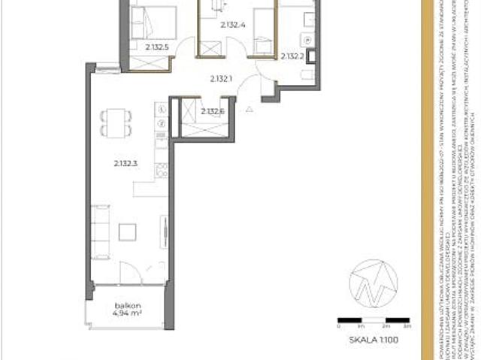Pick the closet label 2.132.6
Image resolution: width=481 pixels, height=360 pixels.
coord(213,112)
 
